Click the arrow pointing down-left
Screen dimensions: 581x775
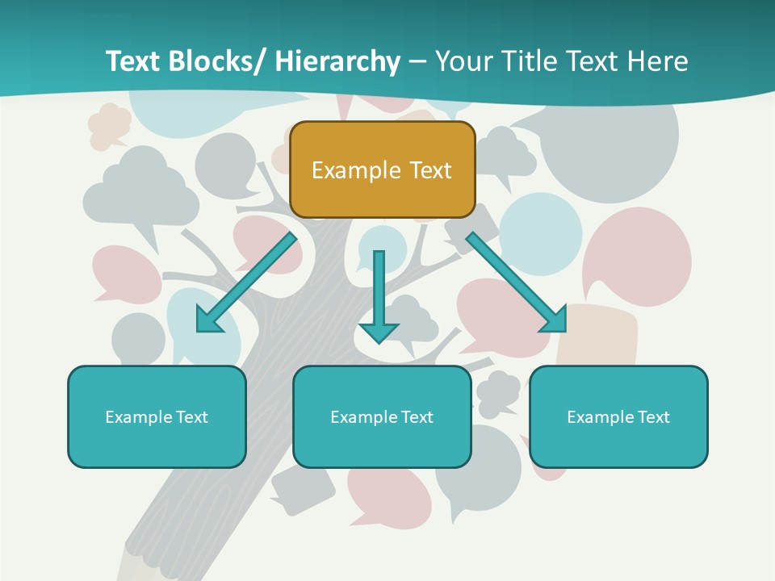pyautogui.click(x=246, y=283)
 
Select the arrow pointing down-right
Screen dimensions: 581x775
pyautogui.click(x=515, y=282)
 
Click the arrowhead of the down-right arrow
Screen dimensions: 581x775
pyautogui.click(x=555, y=320)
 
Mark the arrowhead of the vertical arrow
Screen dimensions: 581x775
pyautogui.click(x=379, y=331)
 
